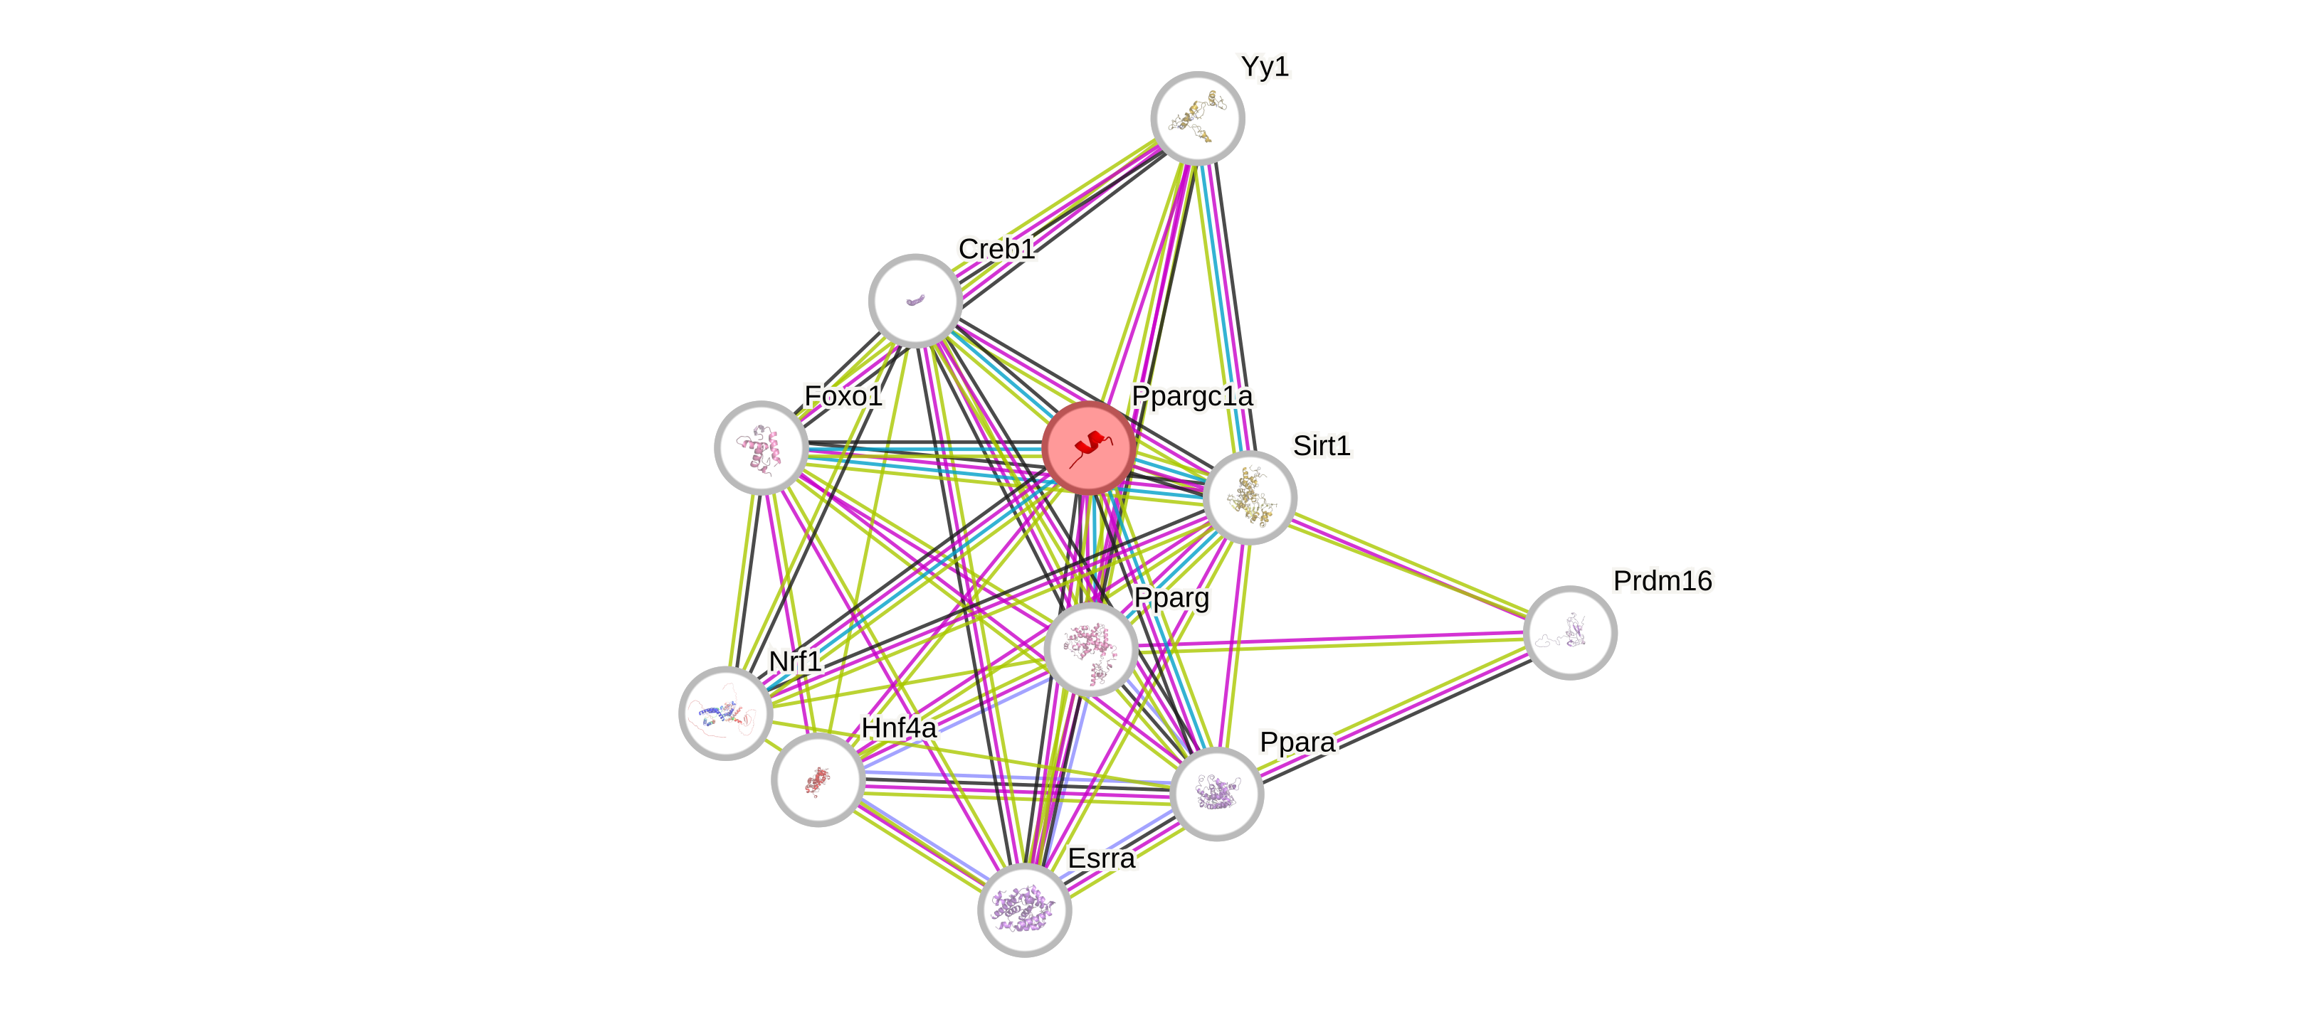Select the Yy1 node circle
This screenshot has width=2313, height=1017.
point(1197,117)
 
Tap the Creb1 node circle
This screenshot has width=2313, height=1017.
point(915,300)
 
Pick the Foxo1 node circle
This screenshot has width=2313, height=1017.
point(761,447)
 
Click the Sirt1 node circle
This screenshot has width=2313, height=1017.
point(1249,497)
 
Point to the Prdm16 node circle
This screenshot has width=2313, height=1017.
point(1569,632)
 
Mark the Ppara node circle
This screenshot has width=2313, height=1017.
point(1217,794)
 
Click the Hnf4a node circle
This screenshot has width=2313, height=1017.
point(817,779)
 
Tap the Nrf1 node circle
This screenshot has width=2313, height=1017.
point(725,713)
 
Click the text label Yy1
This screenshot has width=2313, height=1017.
point(1264,66)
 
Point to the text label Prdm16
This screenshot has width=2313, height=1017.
point(1662,581)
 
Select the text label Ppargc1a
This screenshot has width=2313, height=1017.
point(1191,396)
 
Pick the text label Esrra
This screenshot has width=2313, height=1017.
point(1101,858)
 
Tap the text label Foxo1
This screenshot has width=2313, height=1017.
point(843,396)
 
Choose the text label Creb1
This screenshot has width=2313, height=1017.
point(996,249)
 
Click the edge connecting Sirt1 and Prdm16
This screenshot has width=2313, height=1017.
point(1410,565)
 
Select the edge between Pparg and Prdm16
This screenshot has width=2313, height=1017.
point(1329,640)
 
